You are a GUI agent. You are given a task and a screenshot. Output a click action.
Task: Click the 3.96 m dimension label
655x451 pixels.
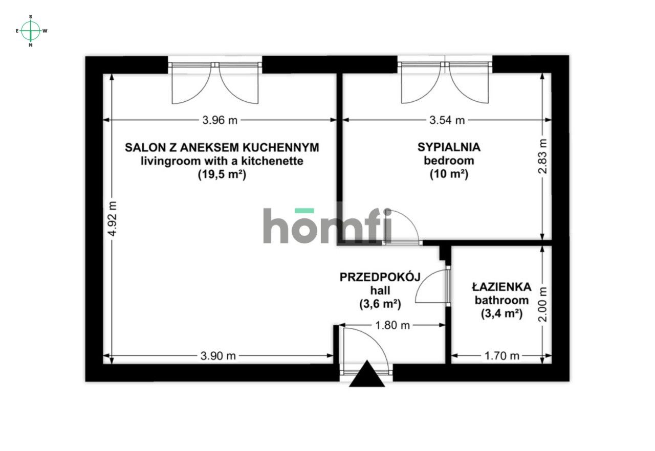tap(220, 121)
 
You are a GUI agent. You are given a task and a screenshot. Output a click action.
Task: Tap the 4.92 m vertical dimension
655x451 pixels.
tap(113, 218)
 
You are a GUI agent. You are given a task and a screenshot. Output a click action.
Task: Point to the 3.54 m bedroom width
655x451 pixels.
tap(447, 121)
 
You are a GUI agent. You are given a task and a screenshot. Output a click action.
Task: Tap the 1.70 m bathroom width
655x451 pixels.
tap(503, 356)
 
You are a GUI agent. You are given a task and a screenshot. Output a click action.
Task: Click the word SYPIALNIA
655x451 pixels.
tap(449, 148)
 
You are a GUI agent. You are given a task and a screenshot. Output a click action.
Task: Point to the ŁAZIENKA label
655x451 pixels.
tap(501, 287)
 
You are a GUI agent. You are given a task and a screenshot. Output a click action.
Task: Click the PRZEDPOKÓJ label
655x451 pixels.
tap(380, 277)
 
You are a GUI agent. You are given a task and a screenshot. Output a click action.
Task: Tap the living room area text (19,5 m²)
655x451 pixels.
tap(222, 174)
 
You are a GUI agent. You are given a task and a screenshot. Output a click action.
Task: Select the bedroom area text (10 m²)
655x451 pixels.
tap(449, 174)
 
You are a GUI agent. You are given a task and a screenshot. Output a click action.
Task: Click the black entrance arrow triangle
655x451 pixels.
tap(367, 375)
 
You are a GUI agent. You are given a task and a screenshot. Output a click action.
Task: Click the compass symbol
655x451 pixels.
tap(31, 31)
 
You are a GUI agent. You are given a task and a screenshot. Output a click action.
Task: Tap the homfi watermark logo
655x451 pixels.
tap(327, 225)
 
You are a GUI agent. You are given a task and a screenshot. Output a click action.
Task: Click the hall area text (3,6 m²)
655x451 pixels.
tap(380, 304)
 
